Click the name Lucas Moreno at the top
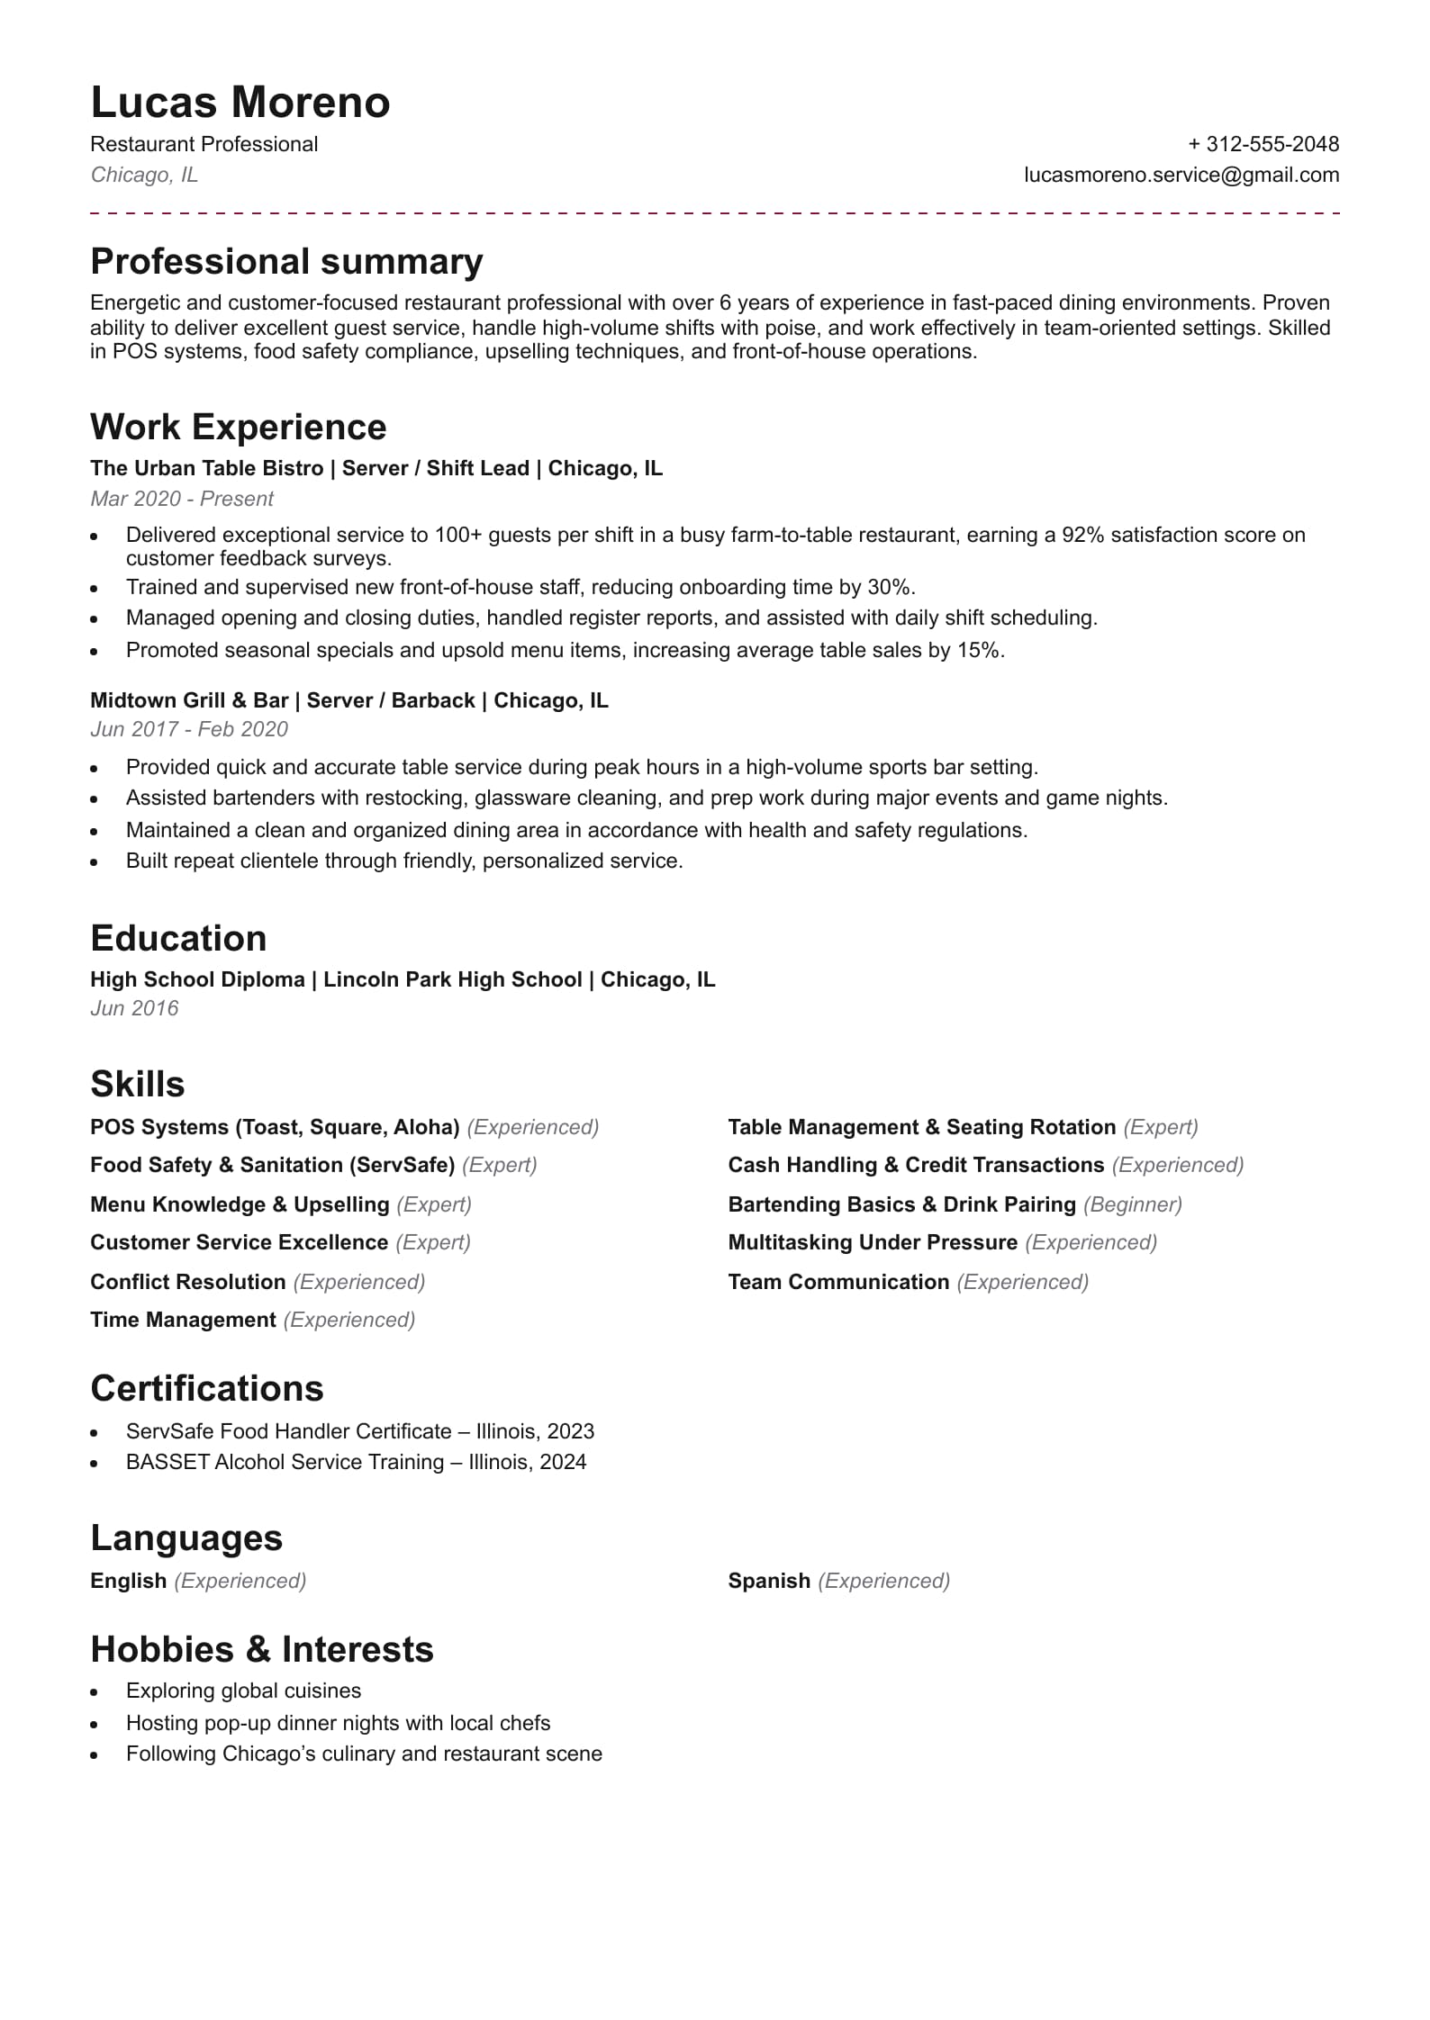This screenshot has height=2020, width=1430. click(240, 103)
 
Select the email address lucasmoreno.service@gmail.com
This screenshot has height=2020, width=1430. click(1181, 175)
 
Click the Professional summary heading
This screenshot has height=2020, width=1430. click(286, 262)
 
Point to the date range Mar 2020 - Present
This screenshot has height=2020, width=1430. click(182, 499)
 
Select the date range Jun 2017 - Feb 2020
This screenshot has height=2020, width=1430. click(189, 729)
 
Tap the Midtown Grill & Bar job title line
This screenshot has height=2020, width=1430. click(349, 700)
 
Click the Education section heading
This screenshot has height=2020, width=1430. click(178, 938)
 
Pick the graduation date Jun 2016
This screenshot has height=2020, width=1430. click(134, 1008)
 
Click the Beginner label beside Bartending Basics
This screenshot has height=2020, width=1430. click(1133, 1204)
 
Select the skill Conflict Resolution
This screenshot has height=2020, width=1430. click(187, 1282)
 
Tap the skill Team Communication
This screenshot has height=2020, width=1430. click(838, 1282)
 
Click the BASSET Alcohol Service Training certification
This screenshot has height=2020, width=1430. click(356, 1462)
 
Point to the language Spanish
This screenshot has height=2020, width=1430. click(769, 1581)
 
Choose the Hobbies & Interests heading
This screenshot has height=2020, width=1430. click(262, 1650)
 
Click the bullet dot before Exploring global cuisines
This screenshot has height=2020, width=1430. click(94, 1693)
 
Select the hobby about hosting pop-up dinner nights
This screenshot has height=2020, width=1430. click(338, 1723)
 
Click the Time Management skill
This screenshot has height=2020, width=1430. click(183, 1320)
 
